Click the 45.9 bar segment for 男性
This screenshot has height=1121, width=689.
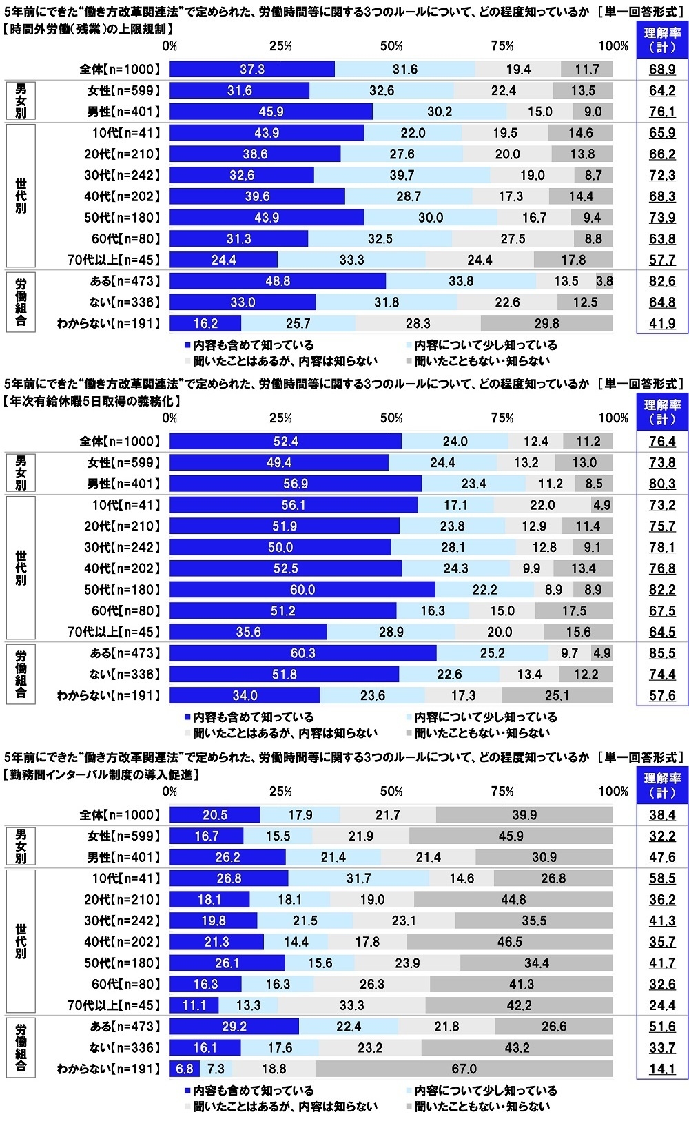coord(271,112)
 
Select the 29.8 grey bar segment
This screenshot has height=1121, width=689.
coord(546,324)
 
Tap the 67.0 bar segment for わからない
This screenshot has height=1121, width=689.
coord(464,1069)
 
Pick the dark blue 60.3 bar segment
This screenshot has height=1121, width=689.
coord(302,653)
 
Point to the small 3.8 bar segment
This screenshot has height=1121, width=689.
coord(604,281)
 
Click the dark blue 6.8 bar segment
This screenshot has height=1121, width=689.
coord(185,1069)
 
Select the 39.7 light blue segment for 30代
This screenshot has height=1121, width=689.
coord(402,175)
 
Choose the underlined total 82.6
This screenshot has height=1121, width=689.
coord(662,281)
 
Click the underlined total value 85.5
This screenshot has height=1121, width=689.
coord(662,653)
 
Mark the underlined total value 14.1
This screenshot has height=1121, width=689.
coord(662,1069)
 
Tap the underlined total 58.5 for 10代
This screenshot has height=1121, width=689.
coord(662,878)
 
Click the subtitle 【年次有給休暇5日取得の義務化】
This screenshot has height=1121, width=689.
coord(92,401)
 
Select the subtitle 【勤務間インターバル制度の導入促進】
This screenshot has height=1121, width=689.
coord(102,774)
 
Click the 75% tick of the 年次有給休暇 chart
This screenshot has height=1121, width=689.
coord(502,418)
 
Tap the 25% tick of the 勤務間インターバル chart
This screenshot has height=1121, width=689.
coord(280,792)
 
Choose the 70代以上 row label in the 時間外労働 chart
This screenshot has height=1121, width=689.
coord(114,260)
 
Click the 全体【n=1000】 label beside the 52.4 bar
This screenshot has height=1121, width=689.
coord(120,442)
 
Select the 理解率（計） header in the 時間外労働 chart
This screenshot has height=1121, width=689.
coord(662,40)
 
